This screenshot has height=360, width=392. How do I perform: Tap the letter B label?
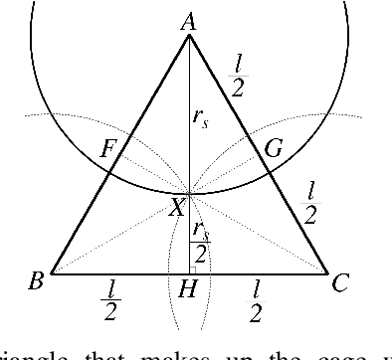pyautogui.click(x=36, y=282)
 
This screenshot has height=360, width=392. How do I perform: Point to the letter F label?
pyautogui.click(x=109, y=151)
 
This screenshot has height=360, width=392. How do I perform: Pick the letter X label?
pyautogui.click(x=177, y=208)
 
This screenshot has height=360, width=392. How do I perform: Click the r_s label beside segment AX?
pyautogui.click(x=200, y=115)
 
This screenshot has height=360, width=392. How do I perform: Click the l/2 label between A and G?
pyautogui.click(x=238, y=74)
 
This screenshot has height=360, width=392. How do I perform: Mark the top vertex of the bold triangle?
pyautogui.click(x=189, y=37)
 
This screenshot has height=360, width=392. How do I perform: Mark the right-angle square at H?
pyautogui.click(x=193, y=267)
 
